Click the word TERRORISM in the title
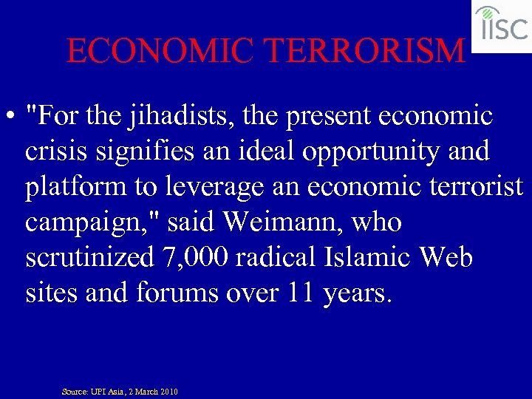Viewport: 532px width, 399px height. click(x=364, y=51)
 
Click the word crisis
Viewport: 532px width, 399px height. click(x=55, y=151)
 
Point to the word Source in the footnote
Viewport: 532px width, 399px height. click(x=75, y=391)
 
